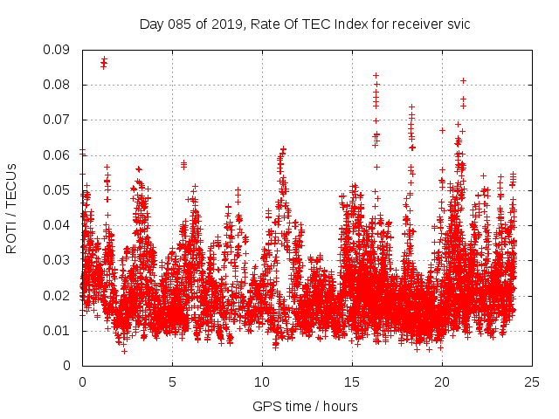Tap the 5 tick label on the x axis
coord(172,382)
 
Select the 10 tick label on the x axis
coord(262,382)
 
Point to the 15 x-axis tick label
coord(352,382)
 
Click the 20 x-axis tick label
coord(442,382)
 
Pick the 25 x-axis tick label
coord(532,382)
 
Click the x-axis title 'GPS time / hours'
coord(305,406)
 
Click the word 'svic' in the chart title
coord(458,24)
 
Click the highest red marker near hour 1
coord(104,59)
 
